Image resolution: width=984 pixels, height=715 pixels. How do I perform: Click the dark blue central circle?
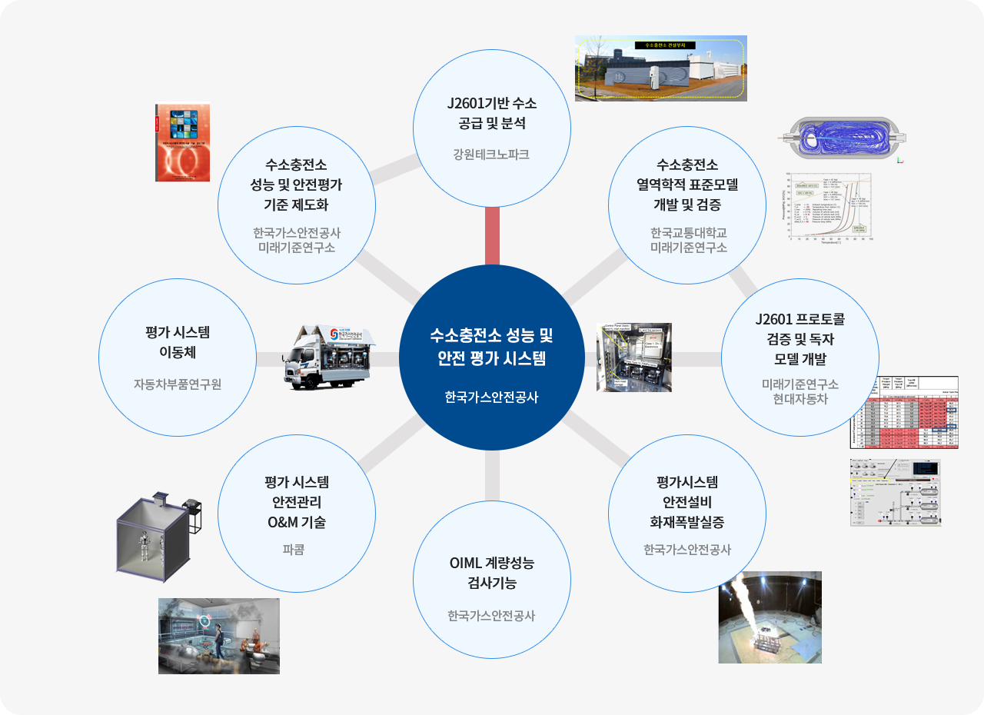coord(492,357)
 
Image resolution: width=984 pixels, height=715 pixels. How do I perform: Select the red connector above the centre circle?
coord(492,236)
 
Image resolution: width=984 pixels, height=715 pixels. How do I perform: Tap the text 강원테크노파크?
coord(491,155)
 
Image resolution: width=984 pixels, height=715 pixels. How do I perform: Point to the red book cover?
coord(182,143)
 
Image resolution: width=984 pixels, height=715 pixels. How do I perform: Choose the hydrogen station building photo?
coord(660,68)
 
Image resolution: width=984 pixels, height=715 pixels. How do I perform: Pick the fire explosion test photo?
coord(770,617)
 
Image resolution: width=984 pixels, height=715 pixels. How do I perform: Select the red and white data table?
coord(904,412)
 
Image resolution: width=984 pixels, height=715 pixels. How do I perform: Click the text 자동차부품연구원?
coord(178,384)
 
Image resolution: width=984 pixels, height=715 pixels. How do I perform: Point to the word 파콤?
coord(294,550)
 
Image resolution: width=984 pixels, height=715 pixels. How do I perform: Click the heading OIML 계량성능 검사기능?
coord(491,572)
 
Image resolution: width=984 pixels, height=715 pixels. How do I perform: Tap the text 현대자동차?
coord(799,398)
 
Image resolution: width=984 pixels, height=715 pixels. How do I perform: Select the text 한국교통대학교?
coord(688,233)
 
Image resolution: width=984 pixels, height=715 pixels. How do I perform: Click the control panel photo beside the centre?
coord(634,357)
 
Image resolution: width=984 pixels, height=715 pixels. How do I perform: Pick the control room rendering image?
coord(219,636)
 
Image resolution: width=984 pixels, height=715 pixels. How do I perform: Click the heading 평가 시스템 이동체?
coord(178,342)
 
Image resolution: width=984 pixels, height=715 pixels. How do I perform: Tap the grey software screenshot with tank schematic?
coord(895,493)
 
